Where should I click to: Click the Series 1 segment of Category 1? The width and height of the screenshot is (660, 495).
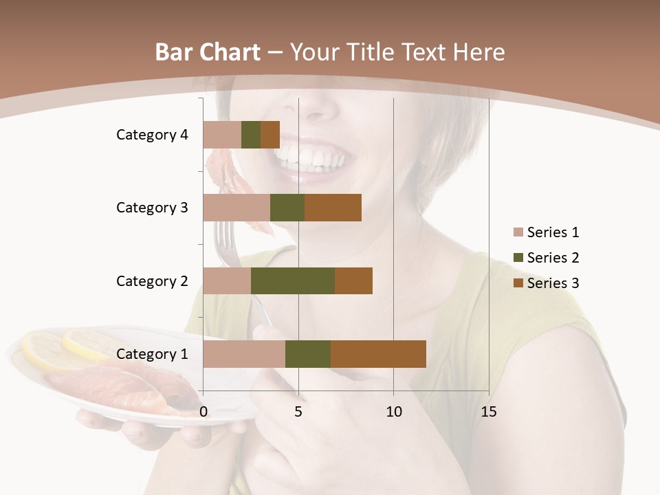pos(244,354)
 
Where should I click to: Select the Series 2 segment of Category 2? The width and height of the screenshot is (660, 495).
pos(293,280)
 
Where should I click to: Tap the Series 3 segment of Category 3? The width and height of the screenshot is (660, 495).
pos(333,208)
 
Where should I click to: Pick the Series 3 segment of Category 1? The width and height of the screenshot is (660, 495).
pos(378,354)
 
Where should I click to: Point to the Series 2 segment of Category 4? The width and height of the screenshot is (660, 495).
pos(251,135)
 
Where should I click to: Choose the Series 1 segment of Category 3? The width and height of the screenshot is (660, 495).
pos(236,208)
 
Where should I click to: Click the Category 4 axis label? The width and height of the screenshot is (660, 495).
pos(152,135)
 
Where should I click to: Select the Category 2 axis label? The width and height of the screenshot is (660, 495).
pos(152,281)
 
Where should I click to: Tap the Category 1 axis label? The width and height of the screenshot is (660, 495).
pos(152,354)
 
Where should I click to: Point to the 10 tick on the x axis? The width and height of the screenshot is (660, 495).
pos(393,412)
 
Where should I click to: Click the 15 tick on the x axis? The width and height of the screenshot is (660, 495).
pos(488,412)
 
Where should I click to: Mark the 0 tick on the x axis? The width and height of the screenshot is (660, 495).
pos(203,412)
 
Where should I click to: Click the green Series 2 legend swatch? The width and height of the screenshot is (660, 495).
pos(518,258)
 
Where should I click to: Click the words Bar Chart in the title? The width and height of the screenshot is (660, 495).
pos(208,52)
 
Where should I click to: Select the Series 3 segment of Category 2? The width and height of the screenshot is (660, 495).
pos(353,280)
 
